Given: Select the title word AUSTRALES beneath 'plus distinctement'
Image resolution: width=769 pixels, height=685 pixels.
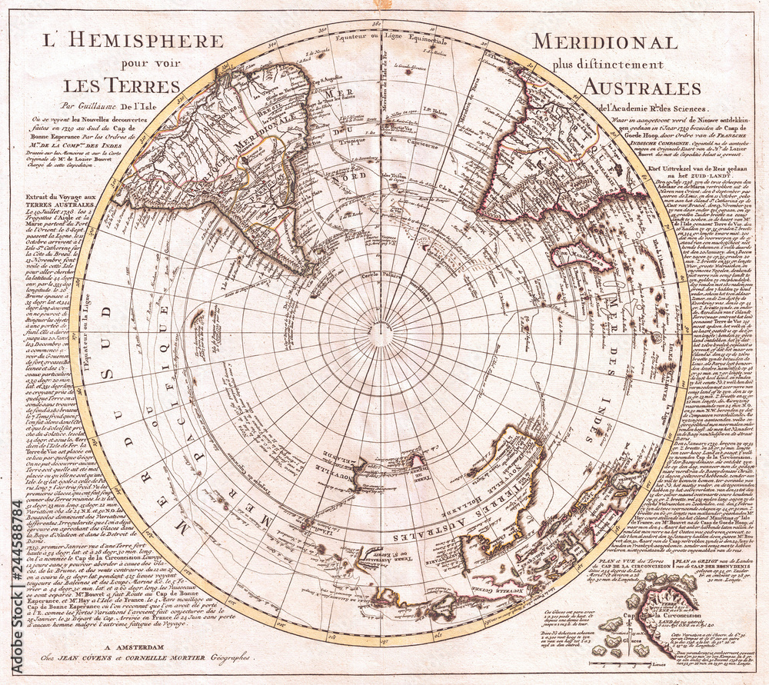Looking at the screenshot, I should point(641,87).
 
